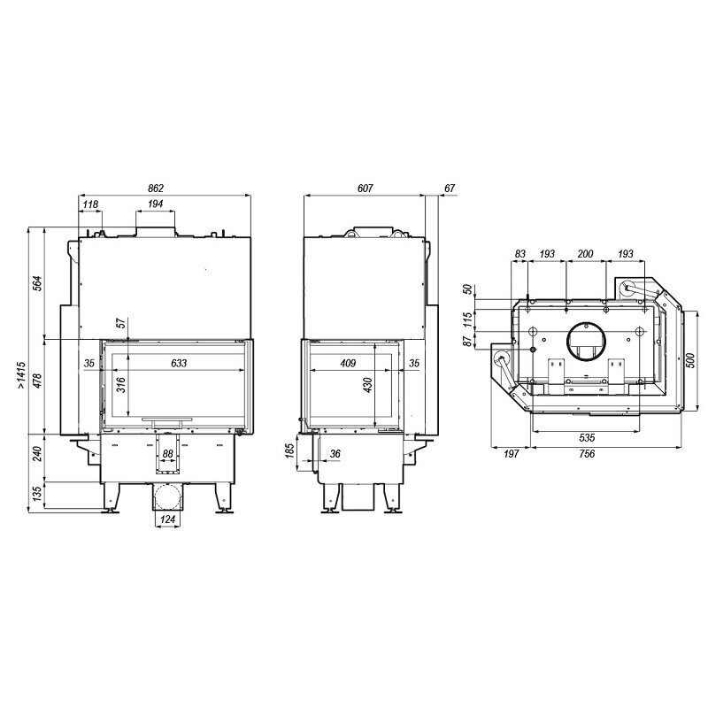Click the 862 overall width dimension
(156, 189)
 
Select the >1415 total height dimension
(21, 375)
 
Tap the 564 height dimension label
(38, 283)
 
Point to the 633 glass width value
(179, 363)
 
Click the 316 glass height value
(121, 385)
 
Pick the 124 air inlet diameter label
(167, 519)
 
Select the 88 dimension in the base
(167, 454)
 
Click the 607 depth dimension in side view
(365, 189)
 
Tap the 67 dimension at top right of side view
(450, 189)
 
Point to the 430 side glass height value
(367, 385)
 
